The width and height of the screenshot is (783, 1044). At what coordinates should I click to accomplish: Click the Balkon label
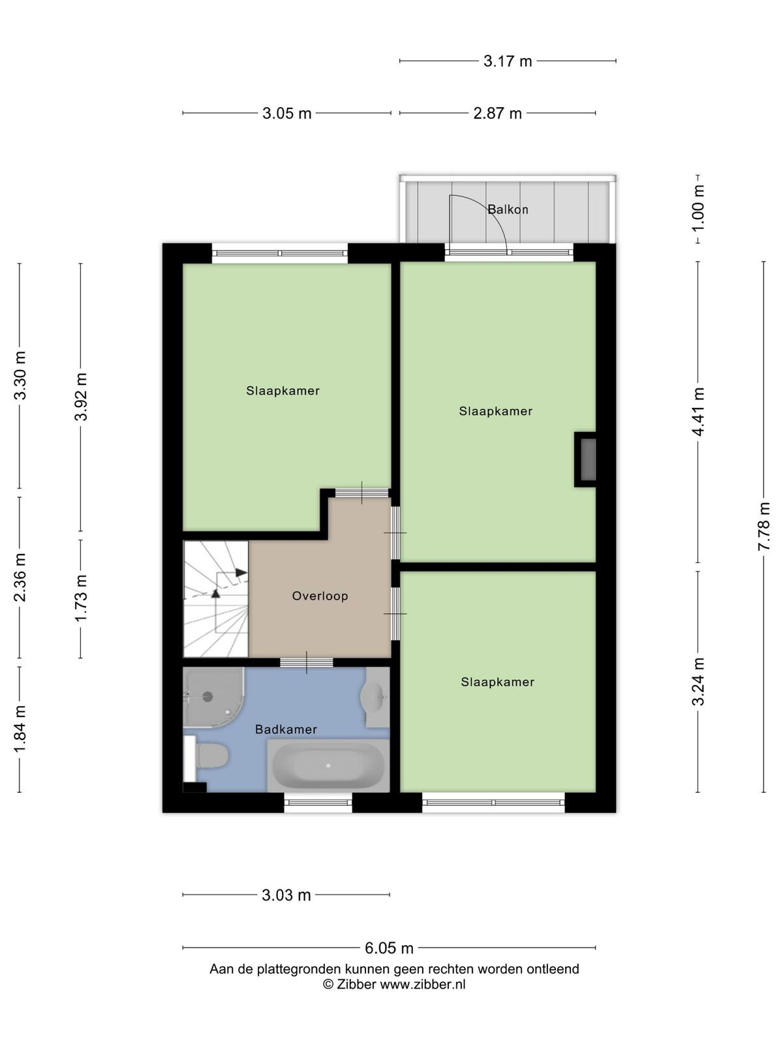[508, 209]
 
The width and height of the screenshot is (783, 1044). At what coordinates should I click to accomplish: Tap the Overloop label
[320, 596]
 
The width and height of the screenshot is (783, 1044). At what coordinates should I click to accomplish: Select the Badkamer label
[286, 729]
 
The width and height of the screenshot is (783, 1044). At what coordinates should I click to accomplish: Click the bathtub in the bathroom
[328, 765]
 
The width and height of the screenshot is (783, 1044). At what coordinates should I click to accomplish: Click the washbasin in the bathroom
[376, 698]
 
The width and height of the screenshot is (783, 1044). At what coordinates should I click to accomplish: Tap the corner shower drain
[207, 697]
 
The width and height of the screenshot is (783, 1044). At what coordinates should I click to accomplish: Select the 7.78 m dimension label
[763, 527]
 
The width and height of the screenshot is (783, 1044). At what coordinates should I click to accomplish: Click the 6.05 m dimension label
[389, 948]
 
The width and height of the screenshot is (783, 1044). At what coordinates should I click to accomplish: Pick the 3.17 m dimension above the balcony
[507, 61]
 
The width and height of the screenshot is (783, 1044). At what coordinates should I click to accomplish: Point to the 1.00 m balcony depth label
[698, 208]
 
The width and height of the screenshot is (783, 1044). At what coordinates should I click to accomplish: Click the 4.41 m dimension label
[698, 411]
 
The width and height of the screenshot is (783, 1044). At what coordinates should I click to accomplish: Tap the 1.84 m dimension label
[20, 729]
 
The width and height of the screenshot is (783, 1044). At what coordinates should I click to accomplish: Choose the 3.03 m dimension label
[286, 896]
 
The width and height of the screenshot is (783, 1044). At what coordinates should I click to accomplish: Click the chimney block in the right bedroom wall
[585, 459]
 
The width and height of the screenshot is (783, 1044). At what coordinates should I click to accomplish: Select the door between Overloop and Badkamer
[306, 662]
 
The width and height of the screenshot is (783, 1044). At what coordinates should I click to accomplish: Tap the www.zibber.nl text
[423, 985]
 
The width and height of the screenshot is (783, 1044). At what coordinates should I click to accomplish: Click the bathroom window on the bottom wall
[318, 803]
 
